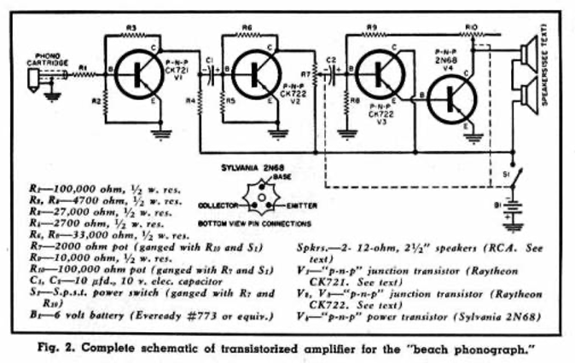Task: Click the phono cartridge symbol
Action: [x=32, y=78]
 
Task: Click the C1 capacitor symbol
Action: [x=212, y=73]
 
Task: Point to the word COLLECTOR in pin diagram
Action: [x=219, y=205]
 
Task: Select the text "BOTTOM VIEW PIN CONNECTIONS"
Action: [x=253, y=223]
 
